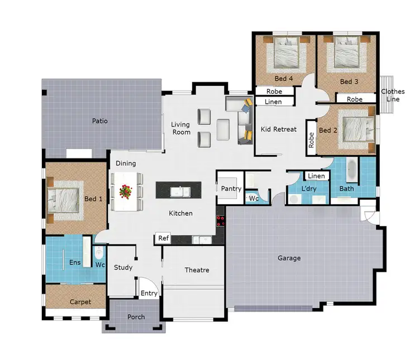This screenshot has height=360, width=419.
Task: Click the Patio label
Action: pos(100,121)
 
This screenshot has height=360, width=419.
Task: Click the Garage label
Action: pos(289,258)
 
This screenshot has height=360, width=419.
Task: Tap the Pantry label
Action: pos(231,189)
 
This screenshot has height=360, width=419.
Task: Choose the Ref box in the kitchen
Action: pos(163,238)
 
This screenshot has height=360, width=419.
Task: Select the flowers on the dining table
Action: pos(126,192)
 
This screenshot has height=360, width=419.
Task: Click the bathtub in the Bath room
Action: pos(351,170)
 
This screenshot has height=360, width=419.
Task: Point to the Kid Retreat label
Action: pos(278,129)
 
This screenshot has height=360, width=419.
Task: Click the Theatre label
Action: pos(197,270)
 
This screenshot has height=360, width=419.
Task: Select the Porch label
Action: pos(136,317)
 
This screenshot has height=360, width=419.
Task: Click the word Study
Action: pos(123,267)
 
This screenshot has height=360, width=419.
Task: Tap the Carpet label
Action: pos(80,302)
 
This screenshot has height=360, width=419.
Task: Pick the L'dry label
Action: pos(309,189)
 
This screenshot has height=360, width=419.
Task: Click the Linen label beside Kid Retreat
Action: pos(273,102)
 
